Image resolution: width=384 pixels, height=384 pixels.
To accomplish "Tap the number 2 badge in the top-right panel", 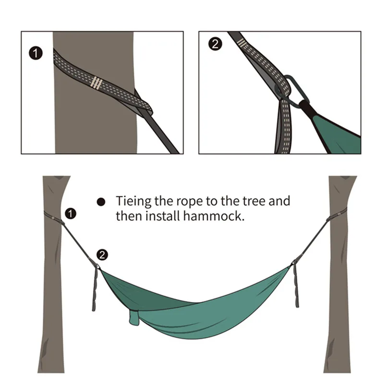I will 215,45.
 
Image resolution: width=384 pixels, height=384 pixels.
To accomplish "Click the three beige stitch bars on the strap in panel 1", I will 96,83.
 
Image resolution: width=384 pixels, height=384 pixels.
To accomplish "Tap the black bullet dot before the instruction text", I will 101,202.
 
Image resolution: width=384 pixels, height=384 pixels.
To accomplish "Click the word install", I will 159,216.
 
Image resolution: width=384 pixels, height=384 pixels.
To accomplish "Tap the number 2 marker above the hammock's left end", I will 102,255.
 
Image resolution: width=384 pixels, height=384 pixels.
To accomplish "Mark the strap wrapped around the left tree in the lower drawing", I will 54,216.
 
